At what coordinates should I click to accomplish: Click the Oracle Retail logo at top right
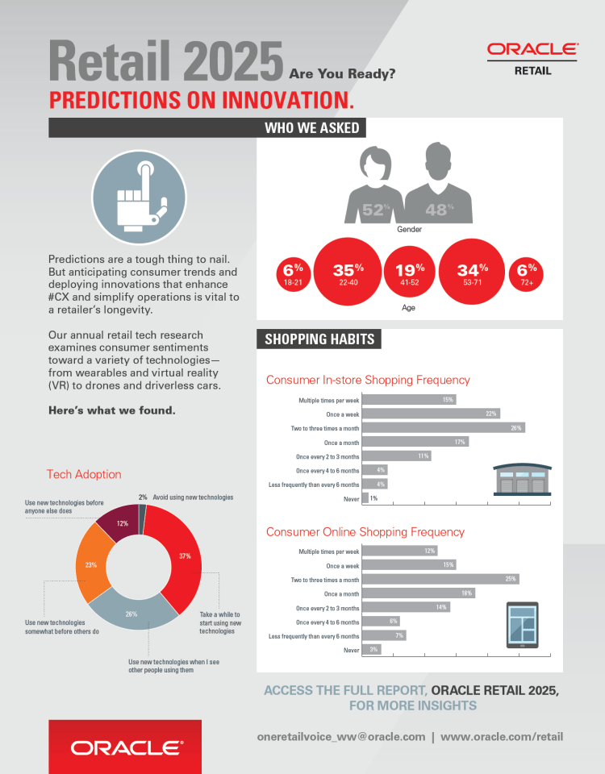point(532,58)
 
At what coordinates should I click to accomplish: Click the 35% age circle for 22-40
point(348,273)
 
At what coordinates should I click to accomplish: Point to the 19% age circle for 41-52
point(410,273)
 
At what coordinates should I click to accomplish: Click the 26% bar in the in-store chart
point(444,427)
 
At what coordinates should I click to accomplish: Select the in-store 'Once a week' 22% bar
point(431,413)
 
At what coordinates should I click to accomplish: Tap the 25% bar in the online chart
point(440,579)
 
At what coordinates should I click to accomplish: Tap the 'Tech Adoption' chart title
point(84,474)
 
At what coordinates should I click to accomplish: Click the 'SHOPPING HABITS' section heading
point(319,339)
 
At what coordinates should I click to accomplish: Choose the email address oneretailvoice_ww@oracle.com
point(340,736)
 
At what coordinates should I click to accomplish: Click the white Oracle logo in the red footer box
point(126,747)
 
